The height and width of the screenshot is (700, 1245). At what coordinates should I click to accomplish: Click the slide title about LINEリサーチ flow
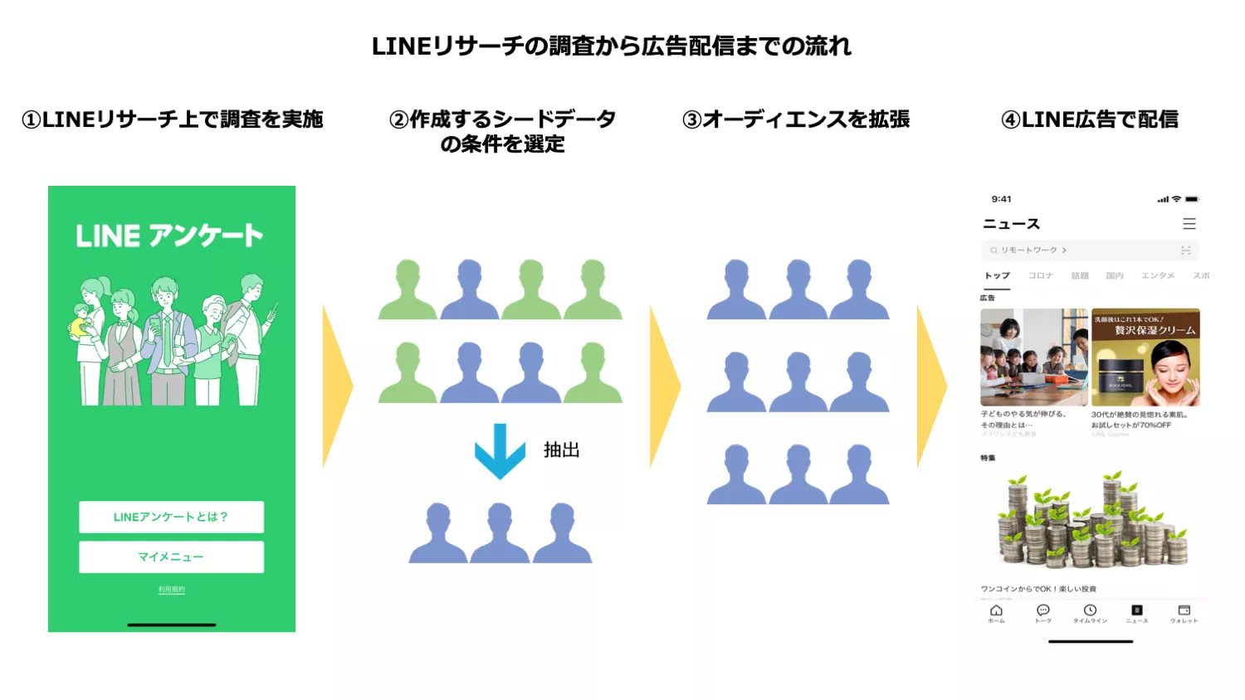[612, 46]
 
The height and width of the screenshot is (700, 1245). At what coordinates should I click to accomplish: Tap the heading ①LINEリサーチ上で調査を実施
[173, 119]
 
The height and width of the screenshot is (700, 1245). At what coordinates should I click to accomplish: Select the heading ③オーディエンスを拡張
[796, 119]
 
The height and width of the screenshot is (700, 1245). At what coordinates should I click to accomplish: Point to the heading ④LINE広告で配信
[1090, 119]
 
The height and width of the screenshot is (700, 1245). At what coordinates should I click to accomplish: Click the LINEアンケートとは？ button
[171, 517]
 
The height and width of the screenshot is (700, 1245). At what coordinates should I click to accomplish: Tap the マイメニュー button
[171, 557]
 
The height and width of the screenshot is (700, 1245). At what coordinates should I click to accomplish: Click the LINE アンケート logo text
[169, 236]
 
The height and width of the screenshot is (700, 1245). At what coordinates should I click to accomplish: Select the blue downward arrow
[500, 451]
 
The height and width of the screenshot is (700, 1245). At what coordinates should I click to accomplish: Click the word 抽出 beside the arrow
[561, 450]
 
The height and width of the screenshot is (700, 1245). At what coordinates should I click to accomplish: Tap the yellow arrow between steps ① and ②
[336, 386]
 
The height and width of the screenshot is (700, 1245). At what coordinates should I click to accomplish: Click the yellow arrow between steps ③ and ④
[930, 386]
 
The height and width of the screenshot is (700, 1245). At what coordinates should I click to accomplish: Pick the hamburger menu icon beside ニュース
[1189, 224]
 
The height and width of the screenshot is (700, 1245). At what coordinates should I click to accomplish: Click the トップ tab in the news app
[997, 275]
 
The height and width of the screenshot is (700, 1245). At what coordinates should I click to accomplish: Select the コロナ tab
[1040, 275]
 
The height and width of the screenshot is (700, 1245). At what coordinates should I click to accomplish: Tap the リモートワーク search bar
[1089, 250]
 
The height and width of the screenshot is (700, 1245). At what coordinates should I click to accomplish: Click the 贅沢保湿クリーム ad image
[1145, 357]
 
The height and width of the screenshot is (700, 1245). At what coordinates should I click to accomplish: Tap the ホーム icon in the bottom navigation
[996, 613]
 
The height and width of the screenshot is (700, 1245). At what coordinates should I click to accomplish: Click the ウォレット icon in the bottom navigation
[1184, 613]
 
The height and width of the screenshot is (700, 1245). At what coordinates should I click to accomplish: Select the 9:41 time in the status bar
[1001, 199]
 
